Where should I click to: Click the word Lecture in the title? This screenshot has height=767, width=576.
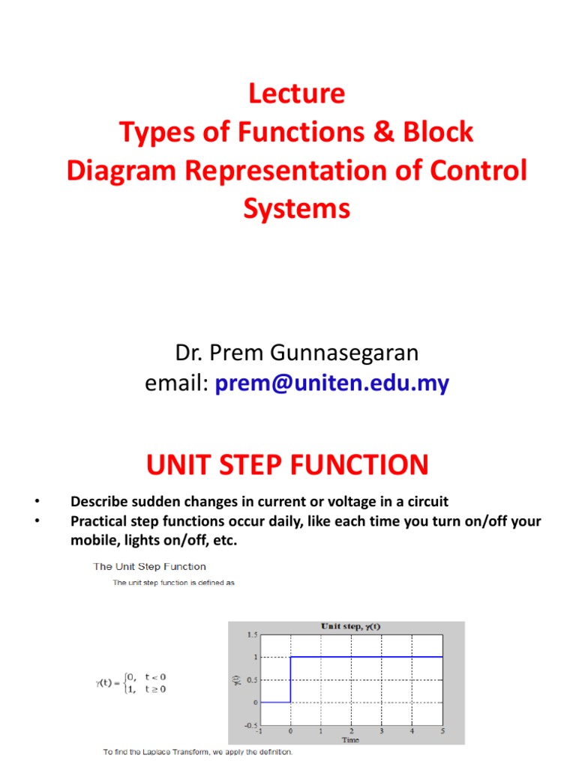(x=296, y=94)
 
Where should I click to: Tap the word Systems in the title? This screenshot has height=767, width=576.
(x=296, y=208)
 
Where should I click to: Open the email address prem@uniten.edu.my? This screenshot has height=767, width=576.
(x=331, y=384)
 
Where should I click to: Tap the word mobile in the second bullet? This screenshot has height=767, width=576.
(x=91, y=540)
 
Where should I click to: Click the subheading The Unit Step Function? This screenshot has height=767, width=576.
(x=148, y=566)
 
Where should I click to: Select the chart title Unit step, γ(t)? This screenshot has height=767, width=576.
(x=351, y=626)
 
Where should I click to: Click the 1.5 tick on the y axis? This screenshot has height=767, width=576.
(x=252, y=634)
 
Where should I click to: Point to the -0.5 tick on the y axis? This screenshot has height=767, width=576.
(x=250, y=724)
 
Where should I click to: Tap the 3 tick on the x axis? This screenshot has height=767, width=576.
(x=382, y=730)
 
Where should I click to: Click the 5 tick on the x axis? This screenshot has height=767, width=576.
(x=442, y=730)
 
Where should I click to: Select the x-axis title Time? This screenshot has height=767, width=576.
(x=351, y=739)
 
